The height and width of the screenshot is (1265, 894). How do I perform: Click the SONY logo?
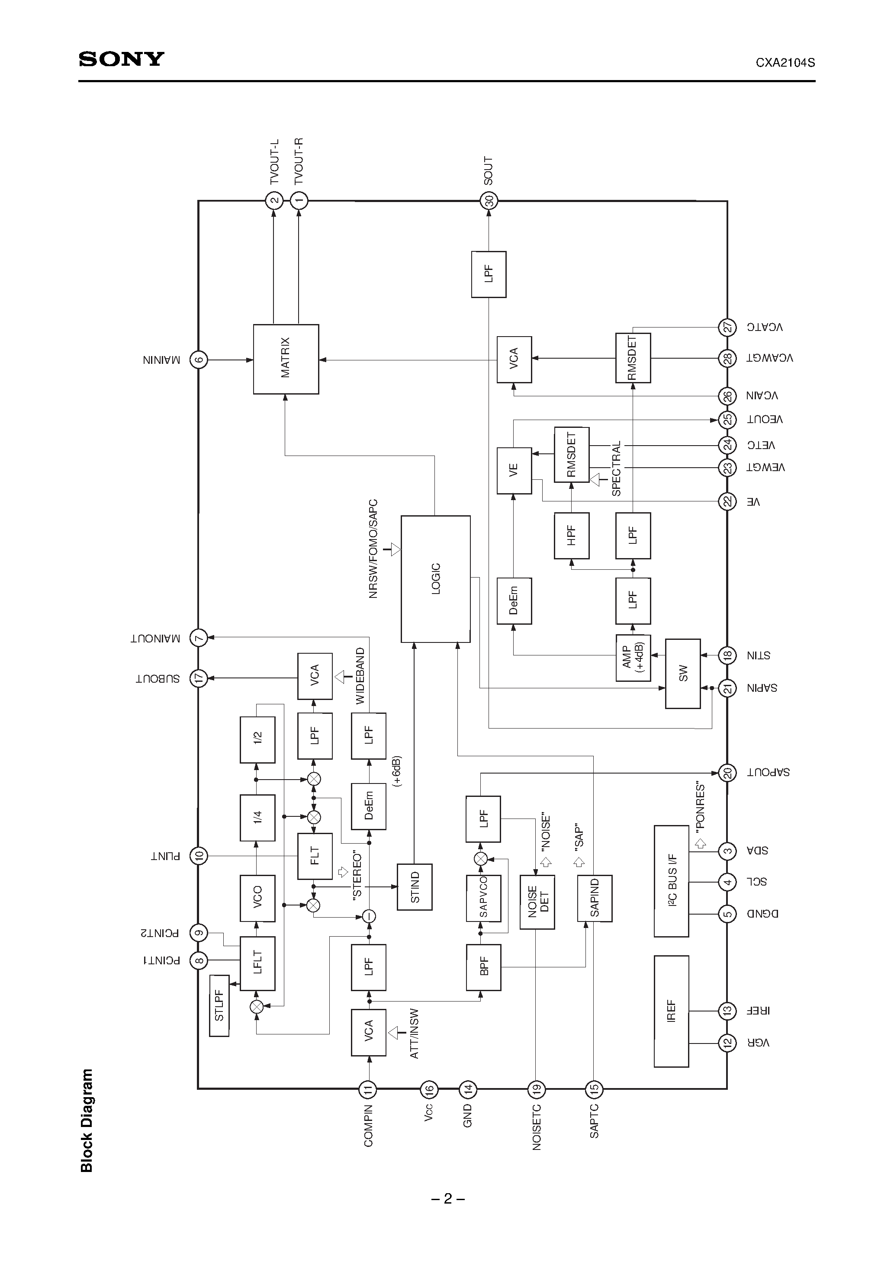pos(121,59)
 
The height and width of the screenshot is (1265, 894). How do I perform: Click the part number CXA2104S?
pos(785,63)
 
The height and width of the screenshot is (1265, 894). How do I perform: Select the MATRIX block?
pos(286,359)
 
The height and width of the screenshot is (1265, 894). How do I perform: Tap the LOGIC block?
pos(435,578)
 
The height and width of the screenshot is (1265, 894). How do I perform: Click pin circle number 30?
pos(489,201)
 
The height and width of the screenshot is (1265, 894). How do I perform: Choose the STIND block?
pos(415,887)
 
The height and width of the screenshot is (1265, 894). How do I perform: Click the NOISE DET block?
pos(537,902)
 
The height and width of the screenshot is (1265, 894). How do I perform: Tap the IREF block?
pos(671,1011)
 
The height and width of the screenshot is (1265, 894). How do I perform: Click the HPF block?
pos(572,536)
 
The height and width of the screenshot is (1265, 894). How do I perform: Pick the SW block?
pos(683,673)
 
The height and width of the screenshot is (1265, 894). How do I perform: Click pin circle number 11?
pos(368,1088)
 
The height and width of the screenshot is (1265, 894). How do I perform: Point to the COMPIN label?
pos(368,1126)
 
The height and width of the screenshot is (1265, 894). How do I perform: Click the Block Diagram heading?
pos(87,1120)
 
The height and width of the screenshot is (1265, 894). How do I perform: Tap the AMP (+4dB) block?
pos(633,658)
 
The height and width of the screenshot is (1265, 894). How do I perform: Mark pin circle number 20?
pos(727,773)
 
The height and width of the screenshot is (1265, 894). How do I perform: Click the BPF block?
pos(483,967)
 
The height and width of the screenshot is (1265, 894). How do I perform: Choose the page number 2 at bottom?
pos(447,1198)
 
